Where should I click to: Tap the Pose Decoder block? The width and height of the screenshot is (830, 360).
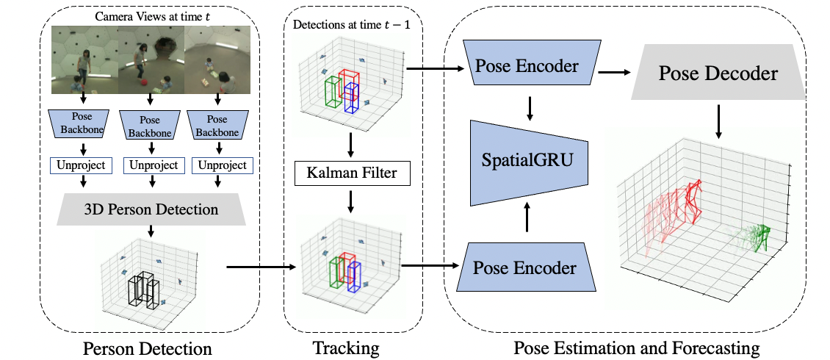point(718,73)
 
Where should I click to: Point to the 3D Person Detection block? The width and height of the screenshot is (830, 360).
point(150,209)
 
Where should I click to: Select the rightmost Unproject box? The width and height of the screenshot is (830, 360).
point(222,165)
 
